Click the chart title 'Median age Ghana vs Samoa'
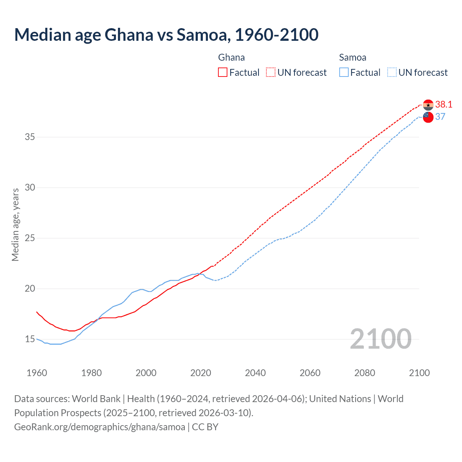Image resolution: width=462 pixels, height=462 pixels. tap(166, 35)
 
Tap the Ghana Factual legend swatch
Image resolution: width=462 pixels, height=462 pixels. tap(223, 72)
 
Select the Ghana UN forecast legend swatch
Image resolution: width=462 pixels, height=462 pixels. tap(271, 72)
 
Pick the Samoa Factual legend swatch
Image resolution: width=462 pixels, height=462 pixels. tap(344, 72)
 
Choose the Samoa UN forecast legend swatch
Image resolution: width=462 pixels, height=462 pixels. tap(392, 72)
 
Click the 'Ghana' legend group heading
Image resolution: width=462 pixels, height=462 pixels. tap(231, 57)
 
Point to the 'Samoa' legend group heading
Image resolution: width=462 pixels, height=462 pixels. tap(353, 57)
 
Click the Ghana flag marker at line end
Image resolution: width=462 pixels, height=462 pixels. tap(428, 105)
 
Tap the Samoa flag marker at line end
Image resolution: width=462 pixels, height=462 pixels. tap(428, 117)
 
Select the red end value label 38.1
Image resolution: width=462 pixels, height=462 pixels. tap(444, 104)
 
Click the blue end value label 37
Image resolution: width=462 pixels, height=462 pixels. tap(440, 117)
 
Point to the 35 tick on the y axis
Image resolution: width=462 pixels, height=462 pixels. tap(30, 137)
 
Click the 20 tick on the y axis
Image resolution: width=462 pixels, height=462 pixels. tap(30, 288)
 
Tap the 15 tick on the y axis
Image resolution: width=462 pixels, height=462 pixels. tap(30, 339)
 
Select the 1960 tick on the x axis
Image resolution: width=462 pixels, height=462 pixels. tap(37, 373)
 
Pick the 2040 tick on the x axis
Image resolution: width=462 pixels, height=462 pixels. tap(255, 373)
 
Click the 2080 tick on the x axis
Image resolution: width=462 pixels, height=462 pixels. tap(365, 373)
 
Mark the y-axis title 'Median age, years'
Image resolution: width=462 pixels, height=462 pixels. tap(15, 225)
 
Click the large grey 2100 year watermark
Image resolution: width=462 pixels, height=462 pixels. tap(380, 339)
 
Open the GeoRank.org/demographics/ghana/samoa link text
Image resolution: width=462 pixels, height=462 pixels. tap(100, 427)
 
